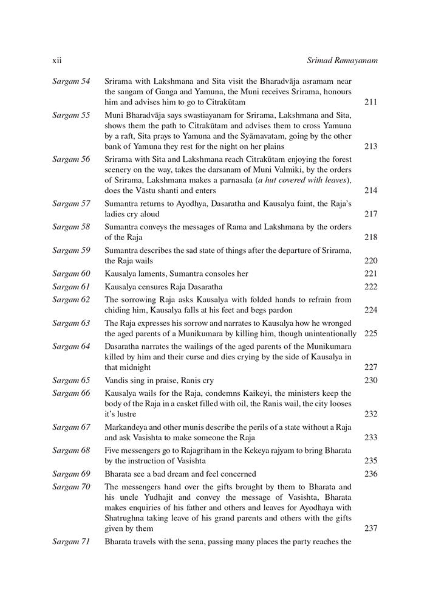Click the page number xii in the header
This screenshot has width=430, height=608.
click(56, 61)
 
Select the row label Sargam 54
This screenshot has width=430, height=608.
click(71, 81)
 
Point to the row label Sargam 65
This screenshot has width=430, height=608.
click(71, 381)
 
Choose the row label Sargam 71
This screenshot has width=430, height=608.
click(71, 541)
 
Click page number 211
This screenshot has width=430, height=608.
click(370, 102)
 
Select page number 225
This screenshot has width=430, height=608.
click(370, 334)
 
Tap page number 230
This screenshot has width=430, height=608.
click(370, 381)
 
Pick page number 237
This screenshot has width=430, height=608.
click(370, 529)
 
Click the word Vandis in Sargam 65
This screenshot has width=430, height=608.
click(117, 381)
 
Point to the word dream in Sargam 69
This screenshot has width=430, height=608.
click(173, 474)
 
